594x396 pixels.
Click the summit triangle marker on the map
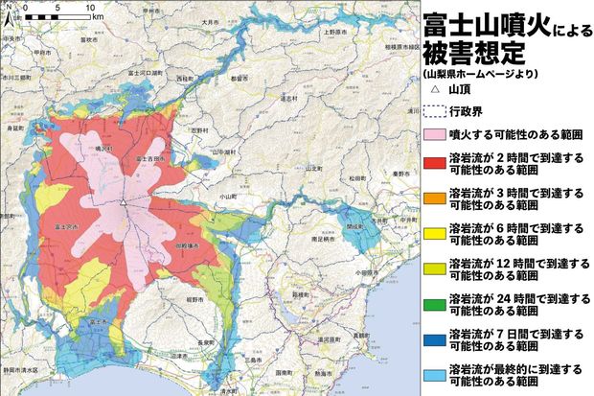pyautogui.click(x=123, y=202)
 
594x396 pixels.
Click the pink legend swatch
pyautogui.click(x=434, y=134)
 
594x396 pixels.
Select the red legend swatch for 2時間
pyautogui.click(x=434, y=162)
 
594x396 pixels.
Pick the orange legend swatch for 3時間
pyautogui.click(x=434, y=199)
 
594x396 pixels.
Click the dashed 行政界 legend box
pyautogui.click(x=434, y=110)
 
